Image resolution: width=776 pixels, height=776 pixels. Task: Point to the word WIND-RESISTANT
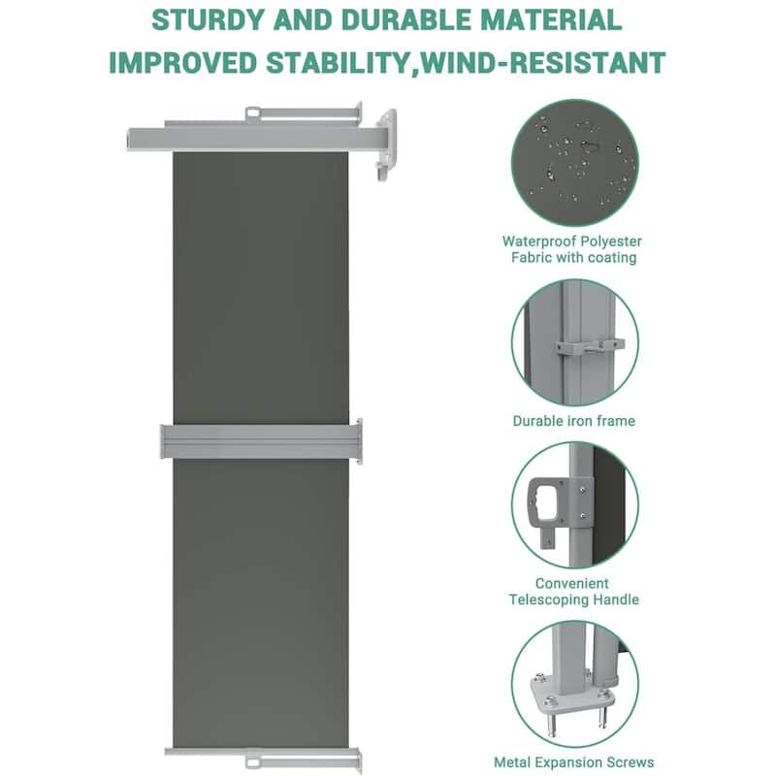[x=542, y=63]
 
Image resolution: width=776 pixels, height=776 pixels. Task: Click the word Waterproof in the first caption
[x=538, y=242]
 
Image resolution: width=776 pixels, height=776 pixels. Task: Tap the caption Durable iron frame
[x=574, y=421]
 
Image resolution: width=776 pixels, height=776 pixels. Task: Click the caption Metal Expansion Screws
[x=574, y=762]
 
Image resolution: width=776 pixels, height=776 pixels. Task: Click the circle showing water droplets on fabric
[x=574, y=162]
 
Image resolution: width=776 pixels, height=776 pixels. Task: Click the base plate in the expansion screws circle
[x=572, y=692]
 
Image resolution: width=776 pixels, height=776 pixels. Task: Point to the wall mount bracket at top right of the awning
[x=386, y=144]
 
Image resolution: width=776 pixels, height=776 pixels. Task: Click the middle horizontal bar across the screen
[x=261, y=440]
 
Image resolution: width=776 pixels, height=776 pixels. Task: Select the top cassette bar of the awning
[x=245, y=139]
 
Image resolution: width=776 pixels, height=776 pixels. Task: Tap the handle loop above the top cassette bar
[x=253, y=113]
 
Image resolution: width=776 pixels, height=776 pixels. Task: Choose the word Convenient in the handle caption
[x=572, y=584]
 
